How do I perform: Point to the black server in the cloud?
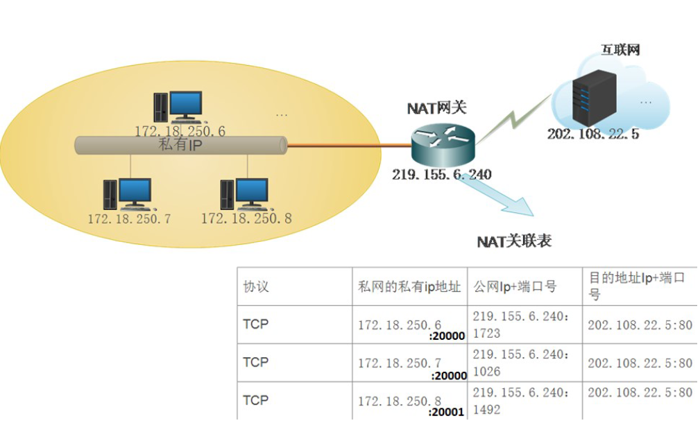(x=593, y=98)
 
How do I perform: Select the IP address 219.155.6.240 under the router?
(x=442, y=175)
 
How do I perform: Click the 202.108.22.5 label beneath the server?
(x=592, y=135)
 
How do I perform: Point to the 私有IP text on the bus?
(x=181, y=145)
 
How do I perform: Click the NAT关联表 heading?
(x=514, y=241)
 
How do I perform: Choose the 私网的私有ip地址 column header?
(x=409, y=286)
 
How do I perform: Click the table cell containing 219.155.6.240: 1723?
(x=524, y=325)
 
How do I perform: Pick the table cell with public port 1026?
(x=524, y=363)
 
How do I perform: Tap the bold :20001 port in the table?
(x=447, y=412)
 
